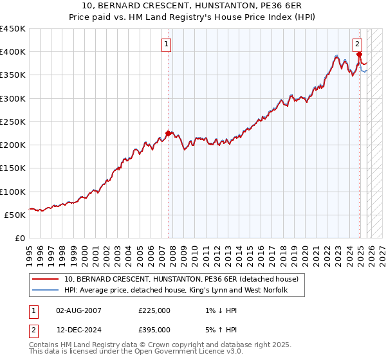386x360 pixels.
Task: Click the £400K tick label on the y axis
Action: pyautogui.click(x=13, y=52)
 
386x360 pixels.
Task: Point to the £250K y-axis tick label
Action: pyautogui.click(x=13, y=122)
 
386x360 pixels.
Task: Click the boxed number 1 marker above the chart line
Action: pyautogui.click(x=166, y=44)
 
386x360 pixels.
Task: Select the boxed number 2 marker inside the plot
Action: pyautogui.click(x=356, y=44)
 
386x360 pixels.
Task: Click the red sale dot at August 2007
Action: pyautogui.click(x=169, y=134)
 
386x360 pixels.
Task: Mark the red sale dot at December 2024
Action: pyautogui.click(x=359, y=55)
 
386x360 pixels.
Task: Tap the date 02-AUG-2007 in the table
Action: pyautogui.click(x=78, y=310)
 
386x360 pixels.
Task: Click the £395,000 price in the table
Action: pyautogui.click(x=154, y=329)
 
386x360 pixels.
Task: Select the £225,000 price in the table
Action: pyautogui.click(x=154, y=310)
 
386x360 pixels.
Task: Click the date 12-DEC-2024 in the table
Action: pyautogui.click(x=78, y=329)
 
